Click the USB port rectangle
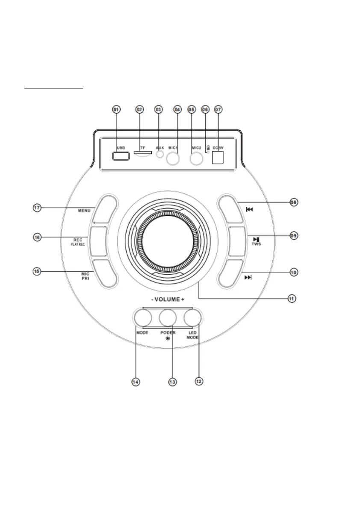[121, 156]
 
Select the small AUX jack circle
[159, 155]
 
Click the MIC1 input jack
[173, 159]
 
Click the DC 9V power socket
[218, 157]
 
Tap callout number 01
[116, 109]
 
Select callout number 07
[218, 109]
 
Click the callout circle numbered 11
[292, 298]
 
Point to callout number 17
[37, 207]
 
